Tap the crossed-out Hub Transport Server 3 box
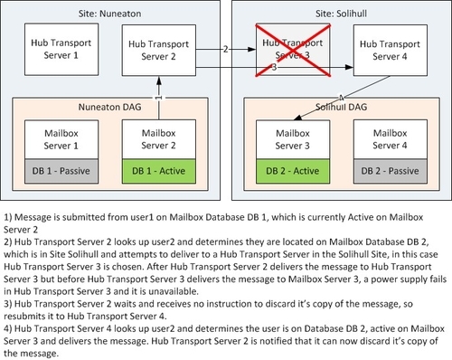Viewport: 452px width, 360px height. click(290, 50)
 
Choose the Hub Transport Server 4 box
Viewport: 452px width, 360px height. click(390, 50)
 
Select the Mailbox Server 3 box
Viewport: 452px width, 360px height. click(290, 138)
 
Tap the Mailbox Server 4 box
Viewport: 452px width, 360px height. click(390, 138)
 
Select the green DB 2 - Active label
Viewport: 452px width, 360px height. click(290, 172)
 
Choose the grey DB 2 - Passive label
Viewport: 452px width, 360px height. click(390, 172)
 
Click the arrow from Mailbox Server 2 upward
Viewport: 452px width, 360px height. click(157, 99)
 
